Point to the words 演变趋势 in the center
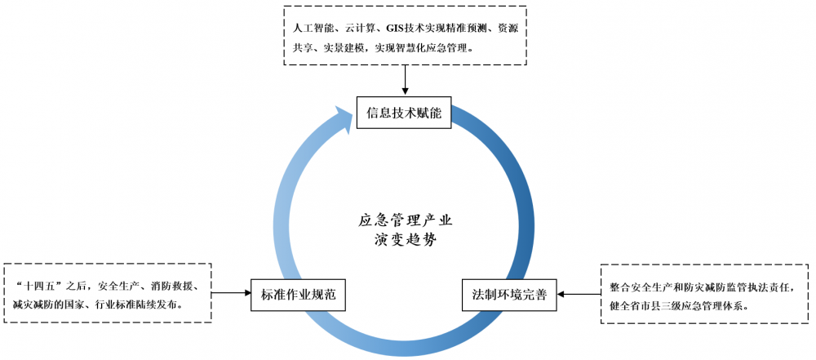coord(405,240)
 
